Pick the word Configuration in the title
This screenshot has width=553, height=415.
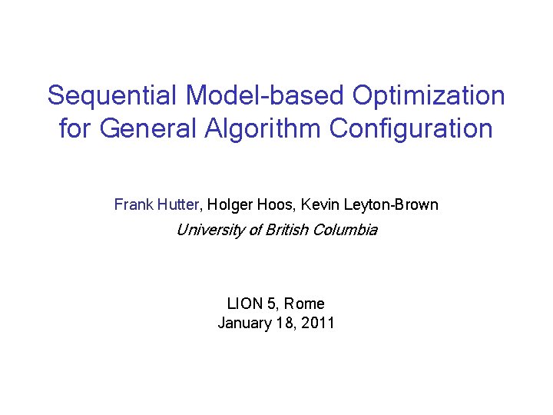[411, 128]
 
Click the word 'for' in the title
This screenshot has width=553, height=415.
[74, 128]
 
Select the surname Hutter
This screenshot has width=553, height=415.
[177, 204]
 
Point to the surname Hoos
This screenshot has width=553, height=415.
[275, 204]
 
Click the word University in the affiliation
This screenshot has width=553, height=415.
[208, 230]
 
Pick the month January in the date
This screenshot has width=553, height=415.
[243, 323]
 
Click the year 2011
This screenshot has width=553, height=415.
[318, 323]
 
